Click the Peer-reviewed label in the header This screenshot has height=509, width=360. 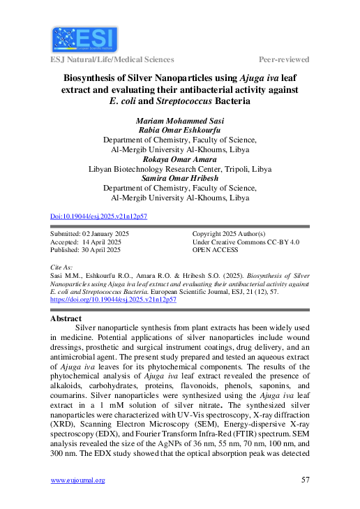pyautogui.click(x=284, y=59)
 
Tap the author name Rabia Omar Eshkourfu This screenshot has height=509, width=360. pyautogui.click(x=180, y=129)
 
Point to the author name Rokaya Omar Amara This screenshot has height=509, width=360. pyautogui.click(x=180, y=159)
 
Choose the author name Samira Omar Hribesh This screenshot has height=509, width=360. pyautogui.click(x=180, y=179)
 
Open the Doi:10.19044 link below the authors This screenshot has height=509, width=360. pyautogui.click(x=99, y=216)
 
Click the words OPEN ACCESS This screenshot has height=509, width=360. pyautogui.click(x=216, y=249)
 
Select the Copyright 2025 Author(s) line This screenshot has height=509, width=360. pyautogui.click(x=229, y=233)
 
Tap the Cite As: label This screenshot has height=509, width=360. pyautogui.click(x=63, y=267)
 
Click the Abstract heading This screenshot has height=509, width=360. pyautogui.click(x=67, y=318)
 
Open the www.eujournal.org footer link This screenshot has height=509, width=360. pyautogui.click(x=78, y=480)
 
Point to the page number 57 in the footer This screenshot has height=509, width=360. pyautogui.click(x=305, y=480)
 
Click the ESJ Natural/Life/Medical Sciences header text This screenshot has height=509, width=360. pyautogui.click(x=112, y=59)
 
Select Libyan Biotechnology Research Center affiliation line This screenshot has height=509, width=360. pyautogui.click(x=180, y=169)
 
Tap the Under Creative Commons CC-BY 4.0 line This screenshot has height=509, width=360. pyautogui.click(x=246, y=241)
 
